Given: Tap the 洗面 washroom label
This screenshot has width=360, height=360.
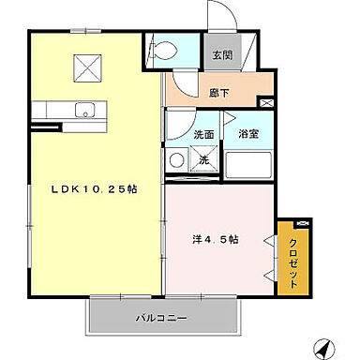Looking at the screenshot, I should point(203,134).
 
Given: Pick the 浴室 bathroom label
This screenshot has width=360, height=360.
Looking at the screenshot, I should point(248,134).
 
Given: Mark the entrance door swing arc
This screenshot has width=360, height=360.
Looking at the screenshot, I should point(217,19).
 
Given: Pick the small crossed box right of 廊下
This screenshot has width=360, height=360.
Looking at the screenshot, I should point(267,102).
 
